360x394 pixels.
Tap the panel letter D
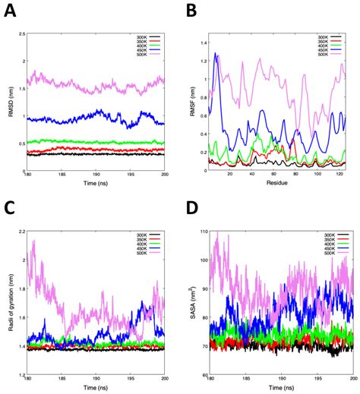click(191, 206)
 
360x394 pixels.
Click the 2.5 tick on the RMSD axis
click(19, 33)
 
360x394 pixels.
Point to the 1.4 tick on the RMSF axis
click(201, 33)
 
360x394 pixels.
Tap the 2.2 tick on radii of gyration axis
click(19, 231)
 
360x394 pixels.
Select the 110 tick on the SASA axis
click(201, 231)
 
